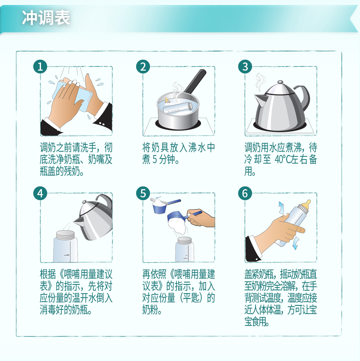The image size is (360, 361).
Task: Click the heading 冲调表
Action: pos(46,17)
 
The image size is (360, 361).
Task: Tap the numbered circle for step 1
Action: pos(40,67)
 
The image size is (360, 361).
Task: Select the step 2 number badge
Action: pos(143,67)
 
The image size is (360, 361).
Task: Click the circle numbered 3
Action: pos(245,67)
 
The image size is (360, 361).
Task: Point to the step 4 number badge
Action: pos(40,193)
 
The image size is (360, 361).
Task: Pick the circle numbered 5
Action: pos(143,193)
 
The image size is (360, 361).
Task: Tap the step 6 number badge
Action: pos(245,193)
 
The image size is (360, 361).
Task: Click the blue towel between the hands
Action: pos(72,95)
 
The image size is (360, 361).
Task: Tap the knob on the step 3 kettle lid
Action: pos(280,82)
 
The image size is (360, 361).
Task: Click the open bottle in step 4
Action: pos(65,246)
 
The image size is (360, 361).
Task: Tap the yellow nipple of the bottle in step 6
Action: pos(306,204)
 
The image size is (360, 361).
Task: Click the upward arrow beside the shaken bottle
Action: pos(281,208)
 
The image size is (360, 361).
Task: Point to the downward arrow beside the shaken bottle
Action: pos(295,243)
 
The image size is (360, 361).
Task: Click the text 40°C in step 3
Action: pos(283,160)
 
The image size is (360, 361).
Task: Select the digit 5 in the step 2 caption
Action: pos(154,160)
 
